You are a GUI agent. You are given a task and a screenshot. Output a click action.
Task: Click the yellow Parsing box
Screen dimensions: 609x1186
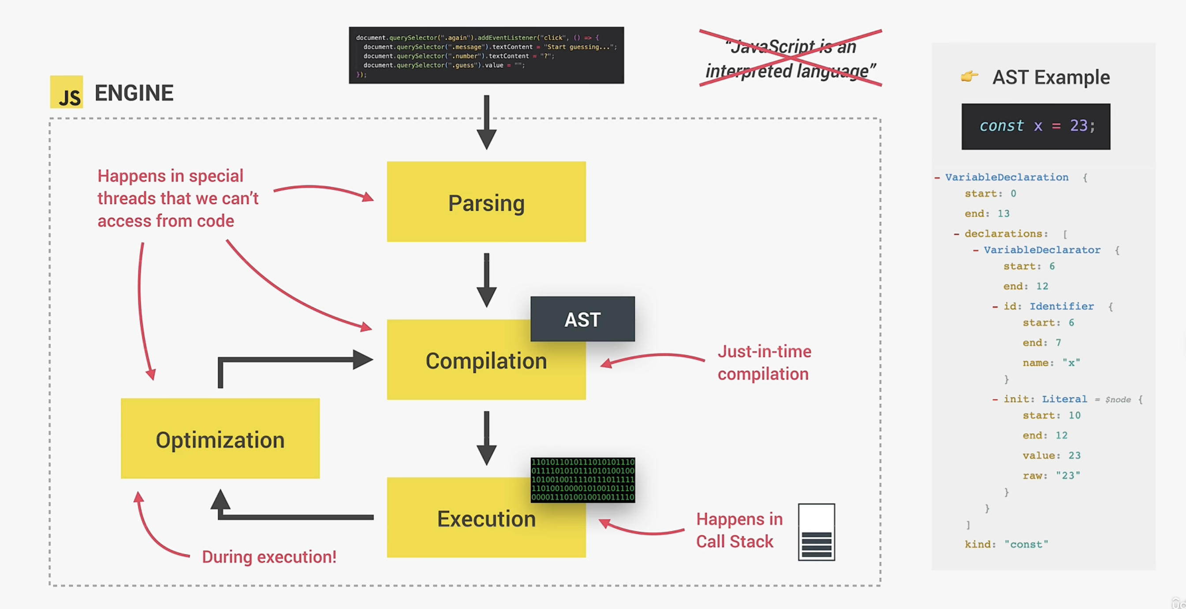click(x=486, y=202)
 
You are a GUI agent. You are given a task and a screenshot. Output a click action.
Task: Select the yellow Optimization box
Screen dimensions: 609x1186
click(x=220, y=438)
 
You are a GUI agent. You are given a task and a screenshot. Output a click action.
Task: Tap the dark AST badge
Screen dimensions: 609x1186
click(x=582, y=319)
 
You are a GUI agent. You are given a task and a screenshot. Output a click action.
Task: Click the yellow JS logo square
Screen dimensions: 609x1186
click(x=66, y=92)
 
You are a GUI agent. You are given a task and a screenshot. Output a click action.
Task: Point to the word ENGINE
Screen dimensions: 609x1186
click(x=134, y=93)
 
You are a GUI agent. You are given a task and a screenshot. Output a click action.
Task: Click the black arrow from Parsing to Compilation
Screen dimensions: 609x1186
click(x=486, y=279)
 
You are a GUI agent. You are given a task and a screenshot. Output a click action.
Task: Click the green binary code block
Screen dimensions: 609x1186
click(x=582, y=479)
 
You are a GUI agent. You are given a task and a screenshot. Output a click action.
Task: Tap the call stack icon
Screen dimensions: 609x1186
click(x=816, y=532)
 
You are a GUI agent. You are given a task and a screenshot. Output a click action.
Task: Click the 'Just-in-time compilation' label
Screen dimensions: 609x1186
click(x=764, y=363)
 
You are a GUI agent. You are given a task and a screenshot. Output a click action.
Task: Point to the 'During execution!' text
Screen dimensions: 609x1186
click(x=269, y=557)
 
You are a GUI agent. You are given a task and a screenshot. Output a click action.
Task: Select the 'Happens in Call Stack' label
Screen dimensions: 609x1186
click(x=739, y=530)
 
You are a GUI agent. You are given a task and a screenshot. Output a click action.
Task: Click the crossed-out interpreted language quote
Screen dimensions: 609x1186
click(x=790, y=59)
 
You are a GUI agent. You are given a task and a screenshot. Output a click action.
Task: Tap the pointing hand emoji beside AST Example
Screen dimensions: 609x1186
click(x=969, y=76)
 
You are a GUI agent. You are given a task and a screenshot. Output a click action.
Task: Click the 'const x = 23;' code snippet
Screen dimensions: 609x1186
click(x=1036, y=126)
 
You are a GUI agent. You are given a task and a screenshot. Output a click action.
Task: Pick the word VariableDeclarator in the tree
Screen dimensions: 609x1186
click(x=1042, y=250)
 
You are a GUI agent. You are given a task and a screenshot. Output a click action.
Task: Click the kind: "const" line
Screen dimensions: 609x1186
click(x=1006, y=544)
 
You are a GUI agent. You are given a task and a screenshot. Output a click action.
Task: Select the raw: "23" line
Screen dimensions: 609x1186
click(x=1051, y=475)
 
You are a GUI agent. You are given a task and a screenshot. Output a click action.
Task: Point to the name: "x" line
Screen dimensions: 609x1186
click(x=1051, y=363)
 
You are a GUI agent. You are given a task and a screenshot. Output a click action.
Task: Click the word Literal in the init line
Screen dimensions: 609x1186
click(x=1064, y=399)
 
